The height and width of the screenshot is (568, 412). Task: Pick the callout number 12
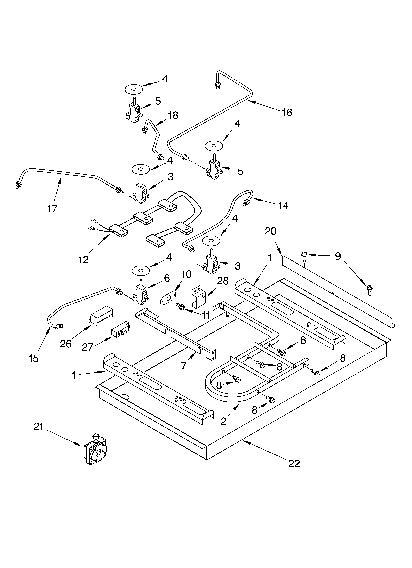[84, 260]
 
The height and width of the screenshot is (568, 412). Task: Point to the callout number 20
[270, 231]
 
